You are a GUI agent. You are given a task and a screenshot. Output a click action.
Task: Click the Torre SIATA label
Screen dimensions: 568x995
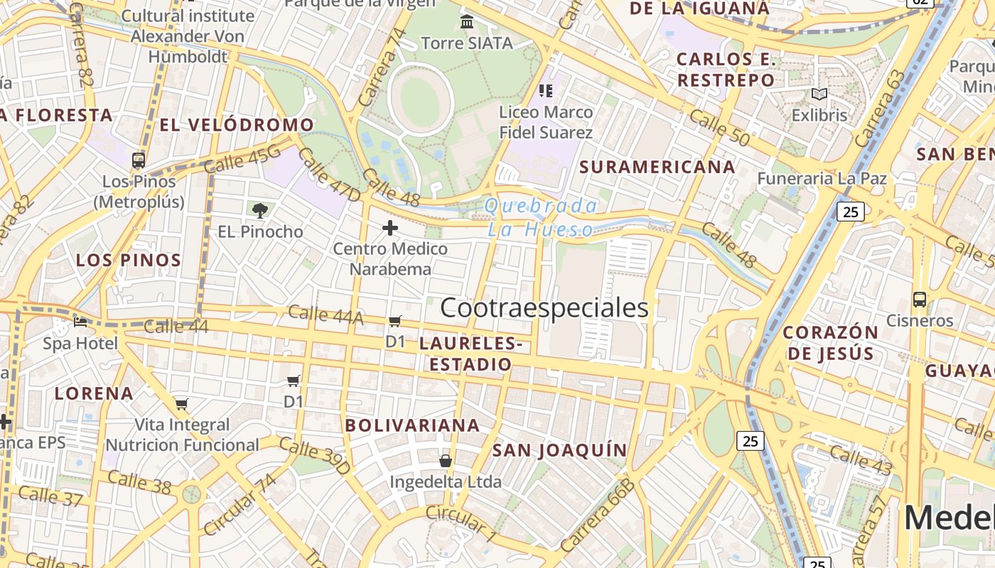467,43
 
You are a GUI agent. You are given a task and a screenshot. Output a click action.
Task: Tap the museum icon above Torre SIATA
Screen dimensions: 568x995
467,22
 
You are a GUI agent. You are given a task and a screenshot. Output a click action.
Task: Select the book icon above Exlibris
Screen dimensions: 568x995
819,94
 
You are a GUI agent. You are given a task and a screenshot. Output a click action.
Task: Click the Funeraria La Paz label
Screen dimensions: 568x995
822,178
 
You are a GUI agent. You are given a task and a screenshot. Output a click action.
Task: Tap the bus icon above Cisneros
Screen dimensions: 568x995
920,300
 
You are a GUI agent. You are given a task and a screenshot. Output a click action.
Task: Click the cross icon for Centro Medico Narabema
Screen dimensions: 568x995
390,228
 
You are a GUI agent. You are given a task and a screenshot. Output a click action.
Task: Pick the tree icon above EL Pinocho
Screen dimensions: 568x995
260,209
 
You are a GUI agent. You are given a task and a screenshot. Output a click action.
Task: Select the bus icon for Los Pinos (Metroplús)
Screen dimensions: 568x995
139,160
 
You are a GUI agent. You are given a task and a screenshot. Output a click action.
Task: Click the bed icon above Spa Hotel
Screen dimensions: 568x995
80,322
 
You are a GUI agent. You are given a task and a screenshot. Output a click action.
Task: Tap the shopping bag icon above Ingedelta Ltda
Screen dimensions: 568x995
446,461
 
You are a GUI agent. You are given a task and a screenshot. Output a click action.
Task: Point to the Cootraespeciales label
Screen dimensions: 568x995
544,308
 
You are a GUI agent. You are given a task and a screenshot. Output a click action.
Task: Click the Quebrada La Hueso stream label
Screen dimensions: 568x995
541,217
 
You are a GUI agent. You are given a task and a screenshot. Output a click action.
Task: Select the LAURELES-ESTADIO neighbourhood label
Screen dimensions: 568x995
470,354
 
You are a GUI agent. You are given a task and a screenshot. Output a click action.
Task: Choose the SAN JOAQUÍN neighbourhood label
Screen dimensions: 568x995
560,450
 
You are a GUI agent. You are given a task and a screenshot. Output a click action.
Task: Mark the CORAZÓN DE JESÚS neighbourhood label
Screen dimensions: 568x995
831,342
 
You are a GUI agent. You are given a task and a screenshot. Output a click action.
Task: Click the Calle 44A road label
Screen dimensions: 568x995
326,315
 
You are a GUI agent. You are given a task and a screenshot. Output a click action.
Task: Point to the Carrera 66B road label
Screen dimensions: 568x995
597,515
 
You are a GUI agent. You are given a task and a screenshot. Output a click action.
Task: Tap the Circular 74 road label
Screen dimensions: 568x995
240,505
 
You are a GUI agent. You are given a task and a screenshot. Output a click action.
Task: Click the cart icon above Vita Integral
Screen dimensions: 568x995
182,405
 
